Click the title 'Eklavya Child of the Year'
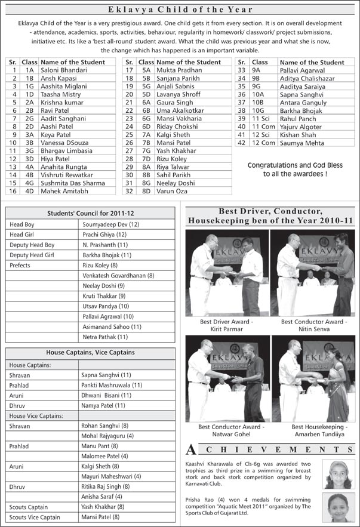tap(180, 10)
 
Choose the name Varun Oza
tap(173, 191)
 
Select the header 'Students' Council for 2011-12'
tap(90, 213)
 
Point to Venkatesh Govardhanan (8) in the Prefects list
tap(118, 276)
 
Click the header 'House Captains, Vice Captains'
tap(90, 353)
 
